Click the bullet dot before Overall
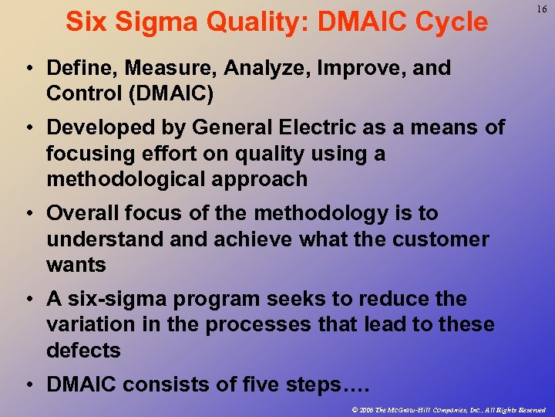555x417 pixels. (x=28, y=214)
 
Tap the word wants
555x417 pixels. (x=76, y=265)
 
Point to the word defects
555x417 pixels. (x=83, y=350)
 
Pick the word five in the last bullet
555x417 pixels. (x=282, y=384)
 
